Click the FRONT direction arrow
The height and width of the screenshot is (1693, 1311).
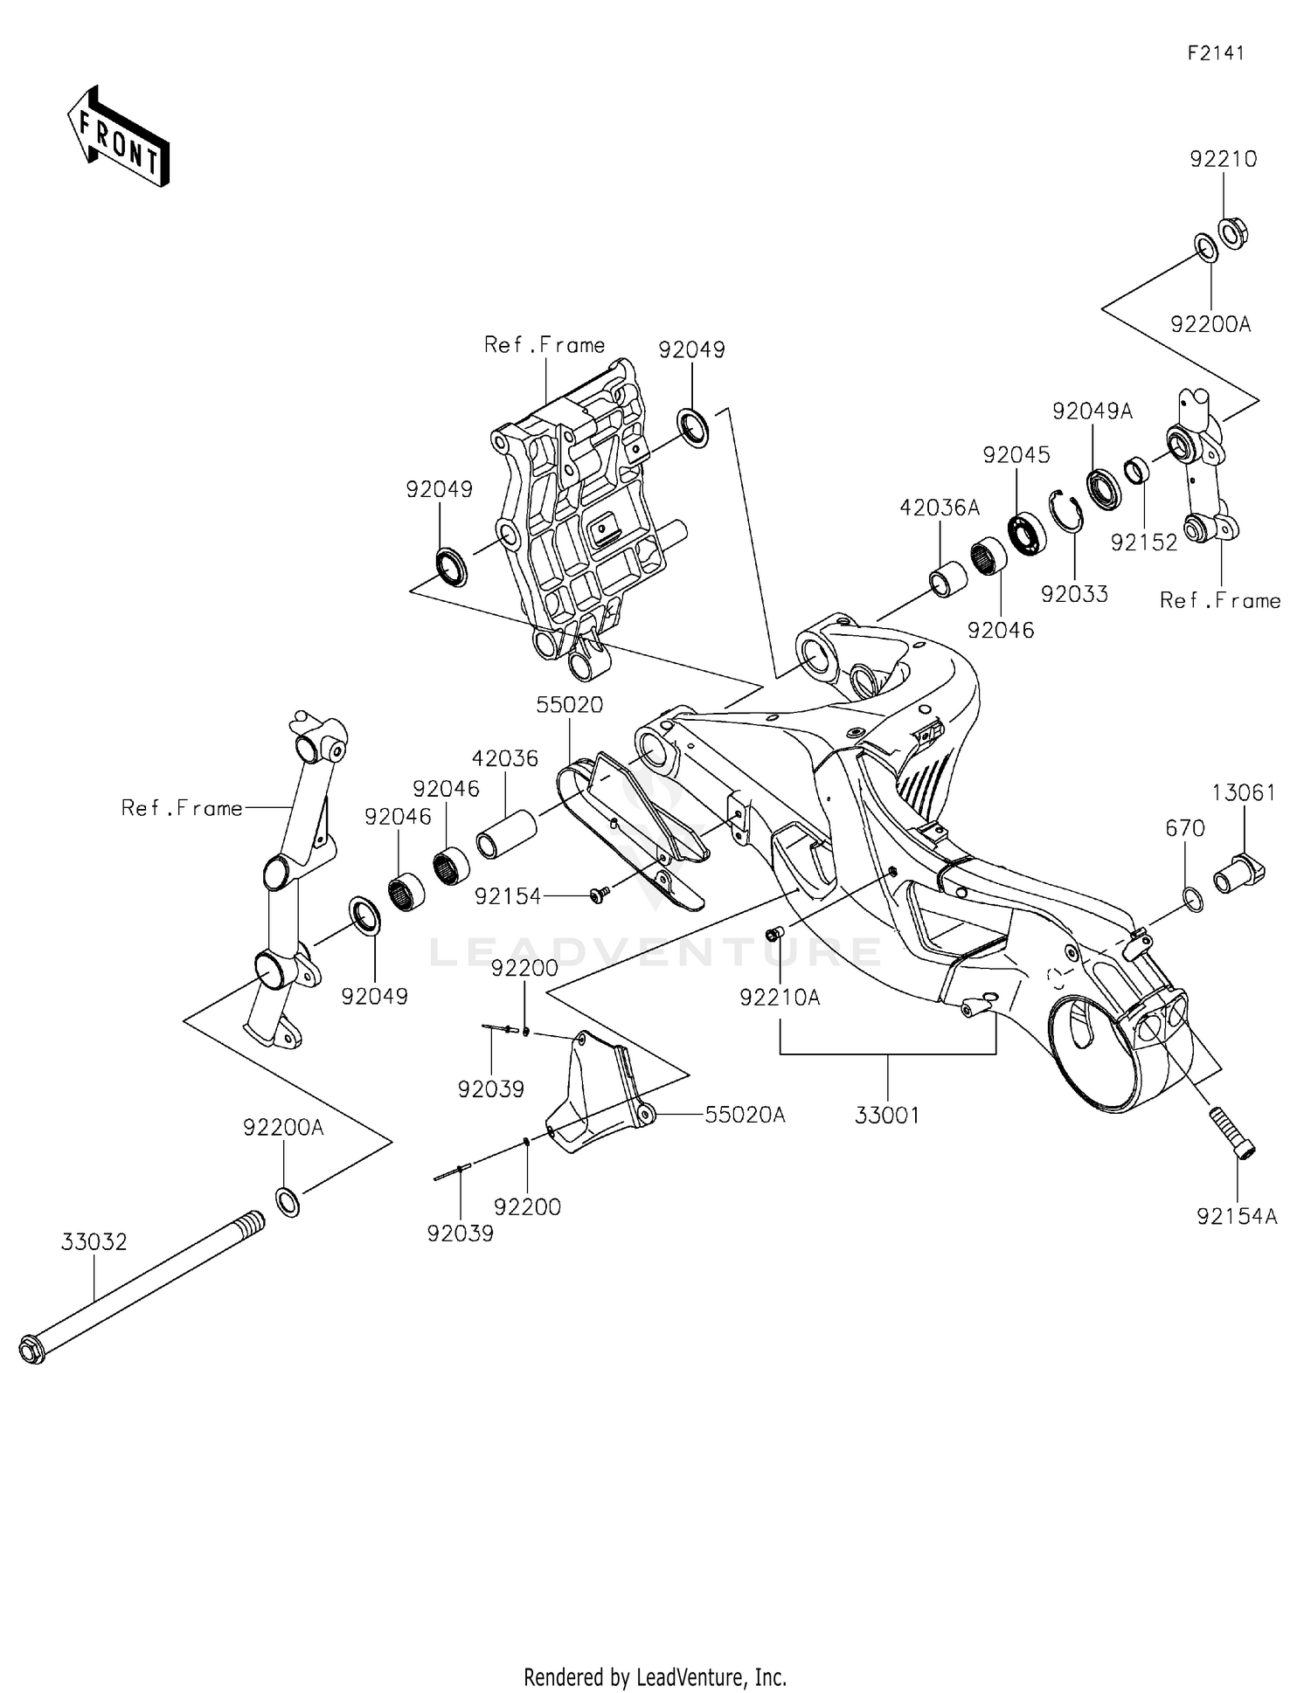[118, 138]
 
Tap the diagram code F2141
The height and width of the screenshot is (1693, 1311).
[1215, 53]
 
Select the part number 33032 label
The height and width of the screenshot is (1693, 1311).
[94, 1241]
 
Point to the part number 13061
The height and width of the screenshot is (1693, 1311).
[1243, 792]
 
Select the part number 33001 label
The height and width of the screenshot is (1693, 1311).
[887, 1116]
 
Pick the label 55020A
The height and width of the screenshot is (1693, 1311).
[746, 1115]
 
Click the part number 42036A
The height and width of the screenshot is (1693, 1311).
[940, 508]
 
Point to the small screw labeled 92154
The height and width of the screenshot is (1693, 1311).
[599, 894]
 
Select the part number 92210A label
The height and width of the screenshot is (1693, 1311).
[780, 997]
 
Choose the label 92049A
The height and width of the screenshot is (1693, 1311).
[1092, 411]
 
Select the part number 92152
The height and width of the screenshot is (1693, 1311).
[1144, 542]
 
